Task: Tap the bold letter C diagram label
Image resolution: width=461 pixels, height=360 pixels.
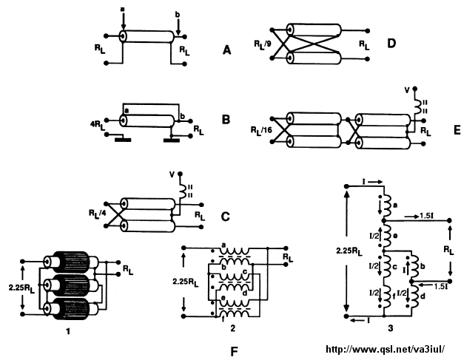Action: pos(226,217)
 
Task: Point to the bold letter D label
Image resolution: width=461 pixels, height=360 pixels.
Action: pos(391,44)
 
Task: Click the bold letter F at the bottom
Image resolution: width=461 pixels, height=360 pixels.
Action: pos(234,344)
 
